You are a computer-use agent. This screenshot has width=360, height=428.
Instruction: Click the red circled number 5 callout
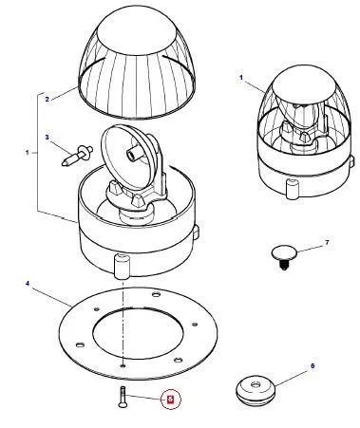(x=171, y=400)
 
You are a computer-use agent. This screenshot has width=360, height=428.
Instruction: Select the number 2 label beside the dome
(x=47, y=99)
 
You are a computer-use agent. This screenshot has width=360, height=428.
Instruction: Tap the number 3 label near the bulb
(x=47, y=138)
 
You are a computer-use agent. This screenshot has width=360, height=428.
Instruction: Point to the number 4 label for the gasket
(x=28, y=283)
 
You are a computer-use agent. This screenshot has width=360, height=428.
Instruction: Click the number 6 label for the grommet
(x=313, y=366)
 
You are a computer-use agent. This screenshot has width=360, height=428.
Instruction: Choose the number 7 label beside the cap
(x=327, y=243)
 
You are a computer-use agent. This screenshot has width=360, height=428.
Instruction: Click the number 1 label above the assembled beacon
(x=241, y=77)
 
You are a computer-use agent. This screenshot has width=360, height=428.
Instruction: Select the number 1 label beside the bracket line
(x=28, y=153)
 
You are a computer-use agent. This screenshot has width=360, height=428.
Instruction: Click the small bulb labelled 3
(x=77, y=155)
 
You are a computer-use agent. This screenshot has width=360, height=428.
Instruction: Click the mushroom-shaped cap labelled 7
(x=284, y=256)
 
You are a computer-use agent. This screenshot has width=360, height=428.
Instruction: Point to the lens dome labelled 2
(x=137, y=64)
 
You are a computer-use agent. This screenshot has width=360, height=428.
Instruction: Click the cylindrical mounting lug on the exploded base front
(x=123, y=266)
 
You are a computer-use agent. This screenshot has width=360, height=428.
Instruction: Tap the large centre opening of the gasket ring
(x=139, y=335)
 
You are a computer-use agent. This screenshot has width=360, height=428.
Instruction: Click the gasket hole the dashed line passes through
(x=123, y=365)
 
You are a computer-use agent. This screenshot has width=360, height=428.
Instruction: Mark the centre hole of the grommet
(x=256, y=385)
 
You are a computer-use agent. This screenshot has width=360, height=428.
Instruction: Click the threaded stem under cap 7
(x=284, y=265)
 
